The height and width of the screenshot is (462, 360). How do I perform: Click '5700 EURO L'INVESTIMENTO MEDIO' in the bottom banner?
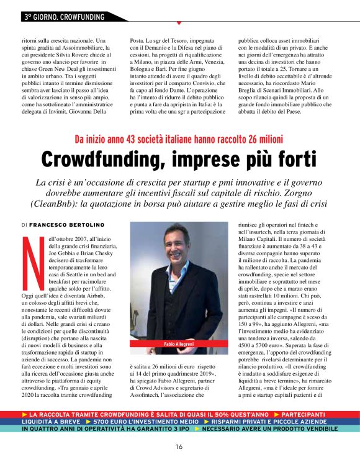pos(146,421)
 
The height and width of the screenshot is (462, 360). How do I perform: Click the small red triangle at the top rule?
pos(179,23)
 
